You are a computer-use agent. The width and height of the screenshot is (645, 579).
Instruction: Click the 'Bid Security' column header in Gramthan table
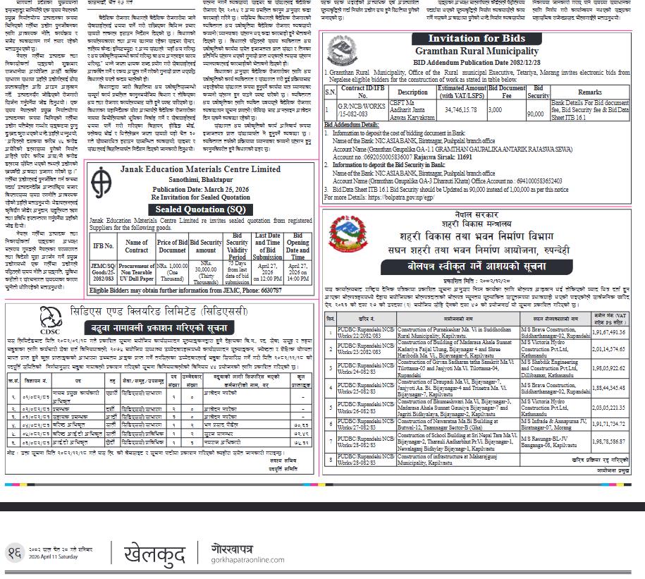click(539, 92)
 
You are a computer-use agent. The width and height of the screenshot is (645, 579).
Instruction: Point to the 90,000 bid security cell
click(538, 113)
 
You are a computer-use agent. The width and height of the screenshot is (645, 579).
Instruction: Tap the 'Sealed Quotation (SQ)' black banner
click(200, 209)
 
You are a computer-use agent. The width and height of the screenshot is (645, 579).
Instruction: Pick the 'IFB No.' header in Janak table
click(104, 245)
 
